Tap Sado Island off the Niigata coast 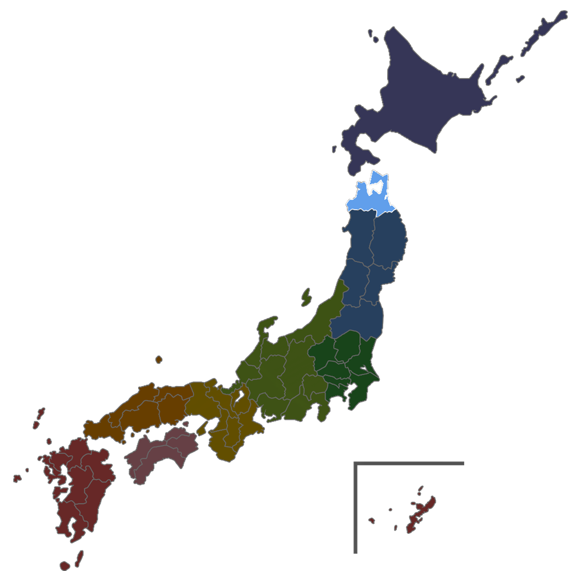[306, 297]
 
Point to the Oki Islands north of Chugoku [158, 360]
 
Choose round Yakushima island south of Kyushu [65, 566]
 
